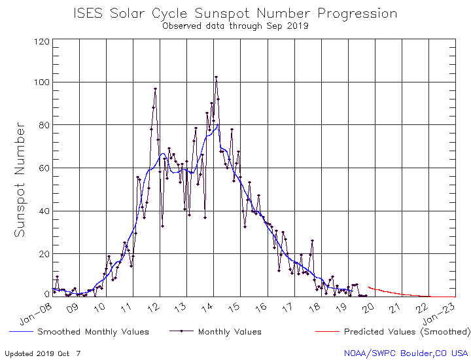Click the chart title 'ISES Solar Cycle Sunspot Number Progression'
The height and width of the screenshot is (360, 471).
coord(235,13)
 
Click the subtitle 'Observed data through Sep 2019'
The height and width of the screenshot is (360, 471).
coord(235,26)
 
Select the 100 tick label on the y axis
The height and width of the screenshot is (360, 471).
coord(42,82)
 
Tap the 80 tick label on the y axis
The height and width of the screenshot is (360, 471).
coord(44,125)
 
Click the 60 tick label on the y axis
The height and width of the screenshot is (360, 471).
coord(44,168)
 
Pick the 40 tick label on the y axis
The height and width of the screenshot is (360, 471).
coord(44,211)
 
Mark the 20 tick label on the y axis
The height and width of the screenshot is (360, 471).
coord(44,254)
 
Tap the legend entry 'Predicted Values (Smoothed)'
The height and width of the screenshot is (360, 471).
coord(407,332)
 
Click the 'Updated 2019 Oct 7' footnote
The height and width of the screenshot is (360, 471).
coord(43,353)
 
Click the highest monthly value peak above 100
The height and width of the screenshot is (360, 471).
coord(216,77)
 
